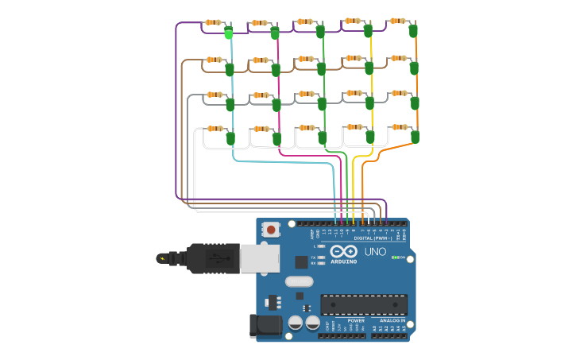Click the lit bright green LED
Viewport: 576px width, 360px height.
tap(229, 33)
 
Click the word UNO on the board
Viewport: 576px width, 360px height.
tap(375, 252)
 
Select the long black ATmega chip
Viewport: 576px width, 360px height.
tap(364, 304)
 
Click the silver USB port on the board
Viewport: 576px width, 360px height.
tap(260, 257)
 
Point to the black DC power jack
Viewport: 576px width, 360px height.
tap(265, 325)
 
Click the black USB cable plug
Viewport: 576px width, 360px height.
tap(213, 258)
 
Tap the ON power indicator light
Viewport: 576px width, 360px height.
tap(395, 258)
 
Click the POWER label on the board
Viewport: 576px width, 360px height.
tap(356, 320)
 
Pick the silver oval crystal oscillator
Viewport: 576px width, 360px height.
tap(299, 281)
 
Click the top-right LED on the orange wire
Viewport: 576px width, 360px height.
tap(413, 31)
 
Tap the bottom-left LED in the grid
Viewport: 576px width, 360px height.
tap(230, 138)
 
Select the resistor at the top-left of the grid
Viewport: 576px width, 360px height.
tap(213, 22)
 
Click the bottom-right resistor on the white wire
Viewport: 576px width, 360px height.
tap(399, 126)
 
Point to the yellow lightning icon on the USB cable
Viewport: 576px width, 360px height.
tap(163, 258)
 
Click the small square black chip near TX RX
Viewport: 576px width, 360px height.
tap(301, 261)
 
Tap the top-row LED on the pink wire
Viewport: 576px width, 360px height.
tap(275, 33)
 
